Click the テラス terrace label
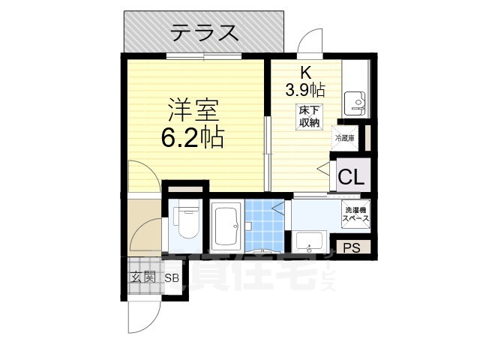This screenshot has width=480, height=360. click(x=204, y=32)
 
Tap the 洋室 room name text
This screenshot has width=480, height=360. click(x=192, y=112)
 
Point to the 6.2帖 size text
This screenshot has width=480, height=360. click(x=192, y=137)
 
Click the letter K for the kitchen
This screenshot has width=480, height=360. click(x=305, y=73)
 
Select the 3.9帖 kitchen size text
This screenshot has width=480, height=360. click(x=304, y=90)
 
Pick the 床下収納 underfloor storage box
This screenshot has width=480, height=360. click(x=307, y=117)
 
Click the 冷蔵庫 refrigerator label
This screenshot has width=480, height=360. click(x=345, y=138)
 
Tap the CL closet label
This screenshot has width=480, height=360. click(x=350, y=178)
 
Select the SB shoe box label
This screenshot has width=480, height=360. click(x=172, y=277)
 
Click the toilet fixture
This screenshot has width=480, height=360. click(x=184, y=223)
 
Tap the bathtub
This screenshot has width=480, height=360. click(x=225, y=227)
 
